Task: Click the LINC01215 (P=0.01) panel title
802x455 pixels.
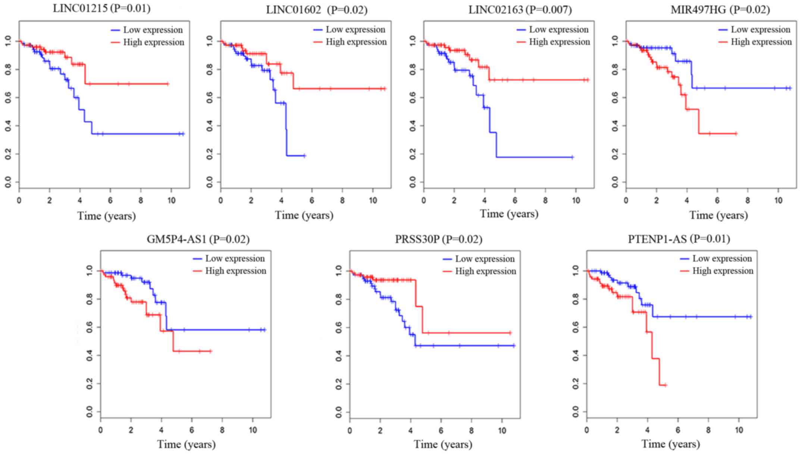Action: pyautogui.click(x=101, y=9)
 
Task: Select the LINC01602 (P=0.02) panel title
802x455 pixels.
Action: pyautogui.click(x=316, y=10)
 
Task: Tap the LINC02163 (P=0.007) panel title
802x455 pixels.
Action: pyautogui.click(x=520, y=10)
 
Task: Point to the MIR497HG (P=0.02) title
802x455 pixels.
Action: pyautogui.click(x=720, y=10)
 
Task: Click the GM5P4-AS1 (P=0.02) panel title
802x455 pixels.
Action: pyautogui.click(x=198, y=239)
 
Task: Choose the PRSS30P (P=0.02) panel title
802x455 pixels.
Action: pyautogui.click(x=438, y=239)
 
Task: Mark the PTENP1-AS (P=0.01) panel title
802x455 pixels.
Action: pyautogui.click(x=679, y=239)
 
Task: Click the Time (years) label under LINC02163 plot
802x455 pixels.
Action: pyautogui.click(x=509, y=214)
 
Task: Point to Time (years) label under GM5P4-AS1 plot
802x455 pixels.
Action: pyautogui.click(x=186, y=444)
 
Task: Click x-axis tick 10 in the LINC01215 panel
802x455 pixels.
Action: pyautogui.click(x=171, y=201)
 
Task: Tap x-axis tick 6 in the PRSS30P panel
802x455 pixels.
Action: pyautogui.click(x=441, y=431)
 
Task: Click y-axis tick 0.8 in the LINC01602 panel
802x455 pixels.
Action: pyautogui.click(x=210, y=69)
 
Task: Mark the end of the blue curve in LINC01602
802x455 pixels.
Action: pyautogui.click(x=305, y=156)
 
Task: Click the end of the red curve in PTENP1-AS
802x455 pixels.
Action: pyautogui.click(x=665, y=385)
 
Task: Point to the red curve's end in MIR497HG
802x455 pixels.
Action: pyautogui.click(x=736, y=133)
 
